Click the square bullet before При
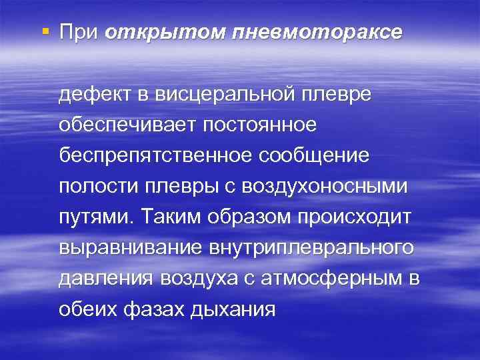click(44, 31)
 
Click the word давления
click(104, 279)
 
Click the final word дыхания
click(237, 309)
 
